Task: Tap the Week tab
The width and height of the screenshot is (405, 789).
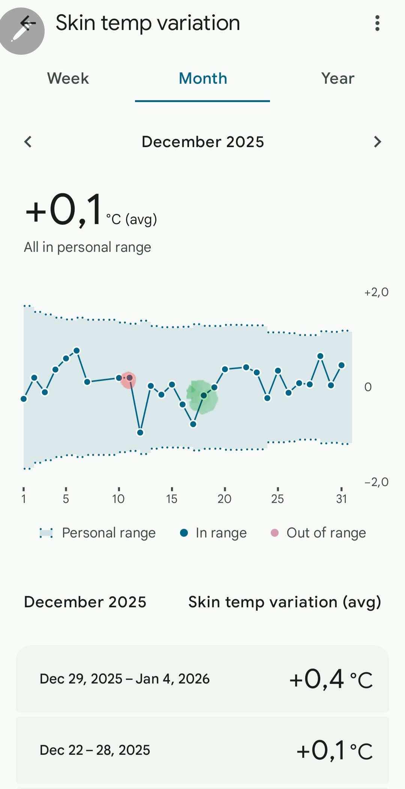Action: [x=68, y=78]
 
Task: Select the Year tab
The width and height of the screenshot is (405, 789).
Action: [x=337, y=78]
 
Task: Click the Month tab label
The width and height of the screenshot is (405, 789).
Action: [x=203, y=78]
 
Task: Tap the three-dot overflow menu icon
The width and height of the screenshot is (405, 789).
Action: [x=377, y=23]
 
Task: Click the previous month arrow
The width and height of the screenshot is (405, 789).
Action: [x=28, y=142]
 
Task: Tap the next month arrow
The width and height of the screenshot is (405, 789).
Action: [x=377, y=142]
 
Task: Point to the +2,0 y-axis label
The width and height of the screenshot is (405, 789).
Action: [x=376, y=292]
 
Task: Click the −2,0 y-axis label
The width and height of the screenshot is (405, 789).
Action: [x=376, y=482]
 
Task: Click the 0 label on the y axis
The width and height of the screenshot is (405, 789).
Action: [x=368, y=387]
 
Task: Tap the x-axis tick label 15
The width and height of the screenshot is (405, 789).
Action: [x=172, y=498]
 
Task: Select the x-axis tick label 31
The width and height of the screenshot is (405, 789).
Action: [x=341, y=498]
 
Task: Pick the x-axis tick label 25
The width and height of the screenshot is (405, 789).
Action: [x=277, y=498]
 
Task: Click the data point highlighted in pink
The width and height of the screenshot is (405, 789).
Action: [x=129, y=378]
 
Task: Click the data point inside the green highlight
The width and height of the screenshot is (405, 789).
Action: [x=204, y=395]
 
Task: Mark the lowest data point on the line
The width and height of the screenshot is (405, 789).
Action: [x=140, y=432]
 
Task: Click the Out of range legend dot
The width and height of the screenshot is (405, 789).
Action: [x=274, y=533]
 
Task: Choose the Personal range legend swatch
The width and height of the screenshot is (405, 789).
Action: [x=46, y=533]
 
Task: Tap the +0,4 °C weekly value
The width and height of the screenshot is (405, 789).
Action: [x=331, y=679]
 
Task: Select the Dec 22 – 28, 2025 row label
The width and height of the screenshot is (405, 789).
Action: [x=95, y=750]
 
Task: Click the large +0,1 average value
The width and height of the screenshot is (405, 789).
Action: [x=64, y=209]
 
